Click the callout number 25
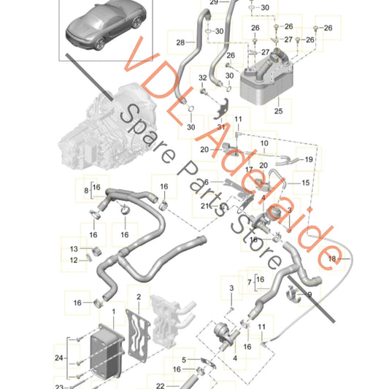click(277, 112)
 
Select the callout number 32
click(203, 78)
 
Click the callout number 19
click(309, 159)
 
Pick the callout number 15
click(306, 182)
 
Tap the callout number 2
click(138, 297)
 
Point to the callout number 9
click(308, 294)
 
